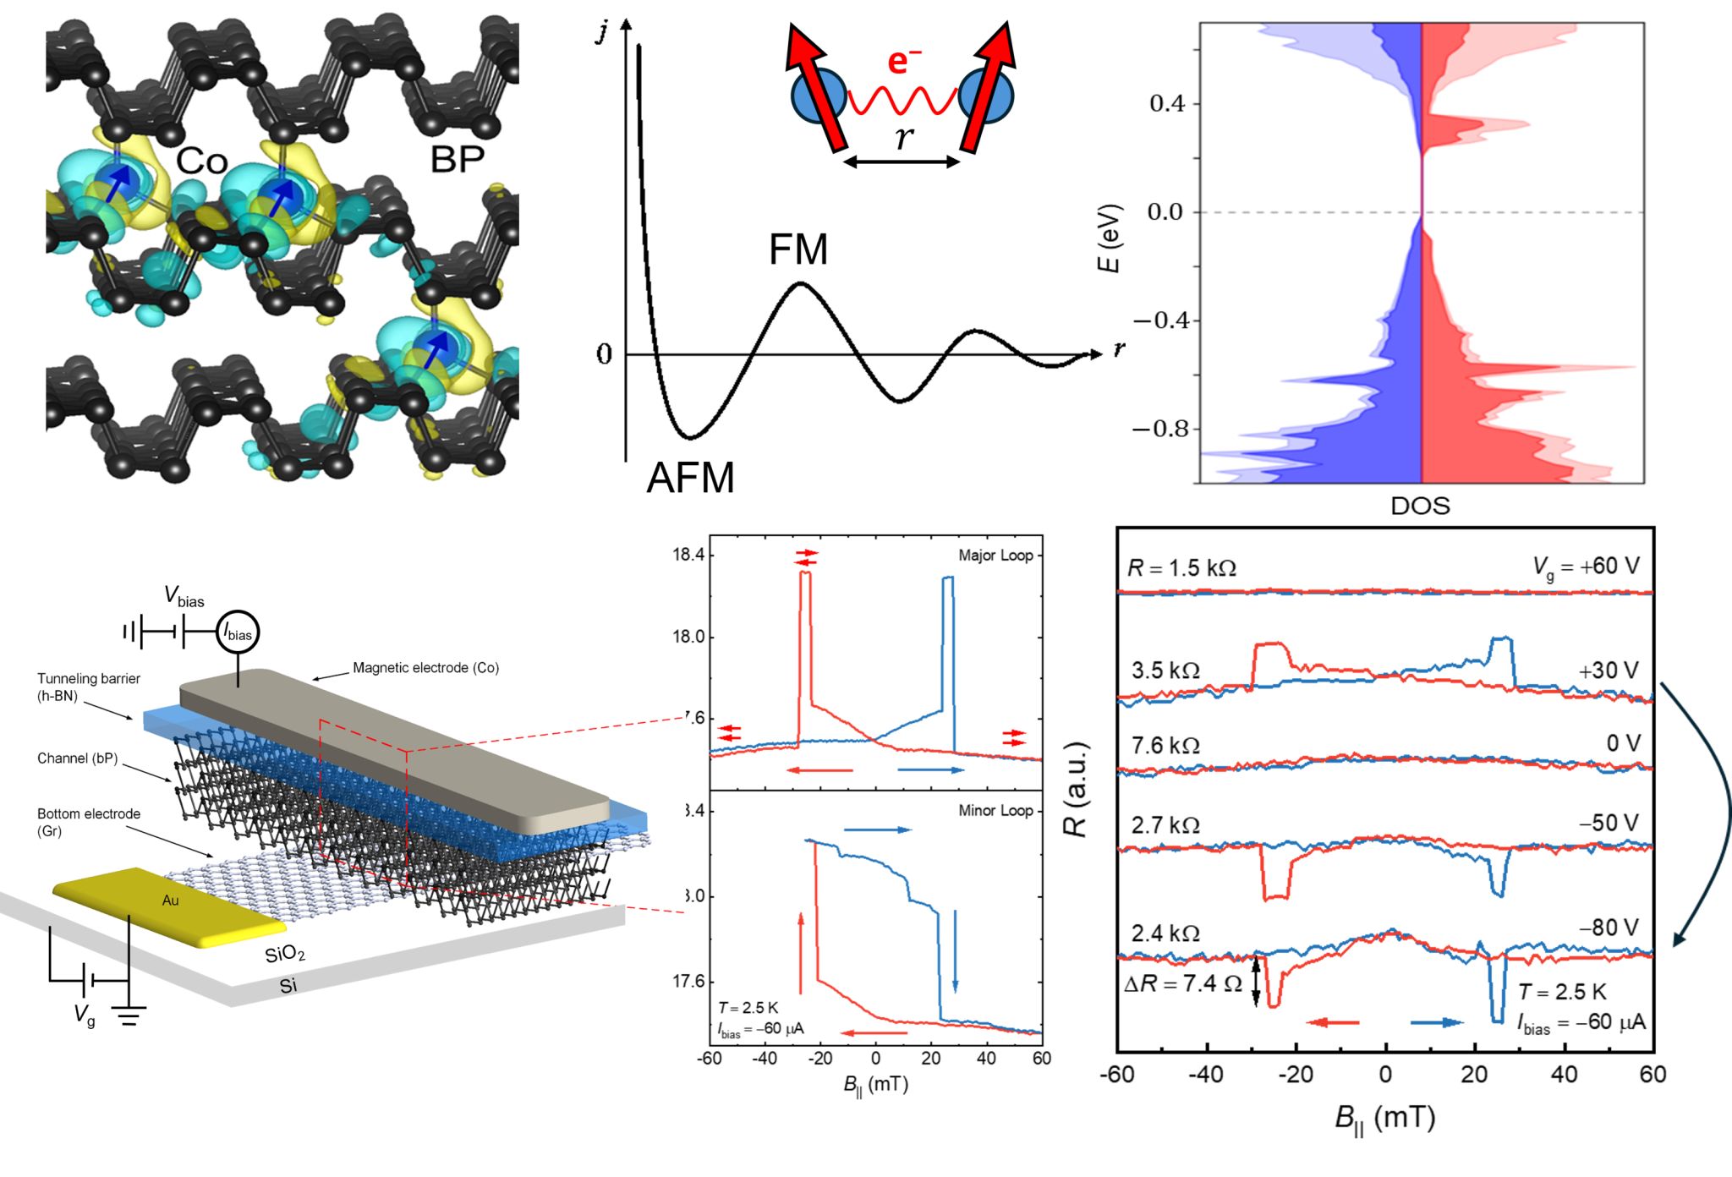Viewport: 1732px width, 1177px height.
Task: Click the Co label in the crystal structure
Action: coord(201,161)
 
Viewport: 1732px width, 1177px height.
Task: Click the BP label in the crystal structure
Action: coord(457,159)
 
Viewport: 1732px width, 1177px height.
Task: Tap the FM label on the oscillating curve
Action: coord(797,249)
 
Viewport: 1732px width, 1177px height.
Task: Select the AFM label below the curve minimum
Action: coord(690,478)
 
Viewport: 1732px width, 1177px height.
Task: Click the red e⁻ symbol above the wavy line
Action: coord(904,62)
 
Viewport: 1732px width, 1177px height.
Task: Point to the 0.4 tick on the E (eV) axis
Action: coord(1166,104)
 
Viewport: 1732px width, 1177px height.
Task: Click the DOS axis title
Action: coord(1420,506)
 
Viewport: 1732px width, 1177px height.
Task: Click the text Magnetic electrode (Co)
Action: coord(425,668)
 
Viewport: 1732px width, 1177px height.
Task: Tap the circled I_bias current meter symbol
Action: coord(238,632)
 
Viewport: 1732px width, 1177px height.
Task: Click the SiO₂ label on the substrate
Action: coord(284,955)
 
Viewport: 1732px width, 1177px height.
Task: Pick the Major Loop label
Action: coord(995,556)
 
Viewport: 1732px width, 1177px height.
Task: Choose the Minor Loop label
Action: coord(995,810)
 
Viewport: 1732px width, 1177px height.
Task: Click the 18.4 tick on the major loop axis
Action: coord(688,556)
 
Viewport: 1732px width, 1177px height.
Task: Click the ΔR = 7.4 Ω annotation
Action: coord(1182,983)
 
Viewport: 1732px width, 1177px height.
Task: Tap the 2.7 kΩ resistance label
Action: coord(1165,825)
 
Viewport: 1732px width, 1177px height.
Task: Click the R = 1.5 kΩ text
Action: coord(1181,568)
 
